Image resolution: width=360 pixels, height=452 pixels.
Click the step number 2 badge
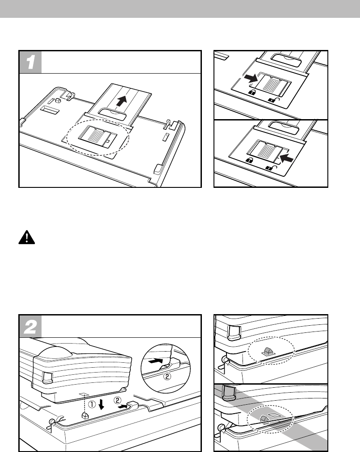(30, 326)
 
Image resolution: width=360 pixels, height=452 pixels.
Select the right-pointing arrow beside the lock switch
(251, 78)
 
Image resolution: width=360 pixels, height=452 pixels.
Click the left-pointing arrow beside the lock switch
(286, 157)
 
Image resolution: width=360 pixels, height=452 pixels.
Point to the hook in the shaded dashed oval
(264, 418)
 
